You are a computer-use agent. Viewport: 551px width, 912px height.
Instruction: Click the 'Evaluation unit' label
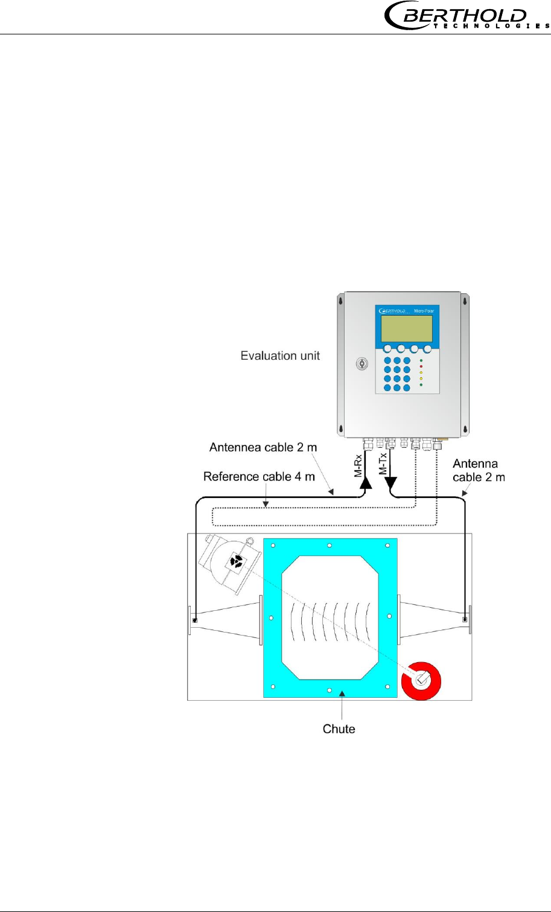tap(280, 356)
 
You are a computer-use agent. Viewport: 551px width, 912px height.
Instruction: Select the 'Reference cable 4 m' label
tap(259, 477)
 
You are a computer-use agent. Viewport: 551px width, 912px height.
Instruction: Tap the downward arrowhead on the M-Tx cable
tap(391, 483)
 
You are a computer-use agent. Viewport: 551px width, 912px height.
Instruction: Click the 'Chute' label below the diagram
tap(339, 729)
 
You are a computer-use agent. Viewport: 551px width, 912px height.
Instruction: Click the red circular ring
tap(422, 680)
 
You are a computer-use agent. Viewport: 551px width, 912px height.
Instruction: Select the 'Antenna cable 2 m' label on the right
tap(479, 470)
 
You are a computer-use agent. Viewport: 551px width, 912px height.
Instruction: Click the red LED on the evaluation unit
tap(421, 366)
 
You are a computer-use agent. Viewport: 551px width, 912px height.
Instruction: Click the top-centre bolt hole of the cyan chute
tap(330, 546)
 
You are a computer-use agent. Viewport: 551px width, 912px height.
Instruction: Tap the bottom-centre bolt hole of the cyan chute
tap(329, 689)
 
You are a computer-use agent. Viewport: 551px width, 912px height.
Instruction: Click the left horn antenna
tap(226, 620)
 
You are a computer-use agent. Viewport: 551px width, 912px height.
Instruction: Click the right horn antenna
tap(433, 620)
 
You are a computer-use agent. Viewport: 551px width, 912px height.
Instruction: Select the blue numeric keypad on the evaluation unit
tap(397, 374)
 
